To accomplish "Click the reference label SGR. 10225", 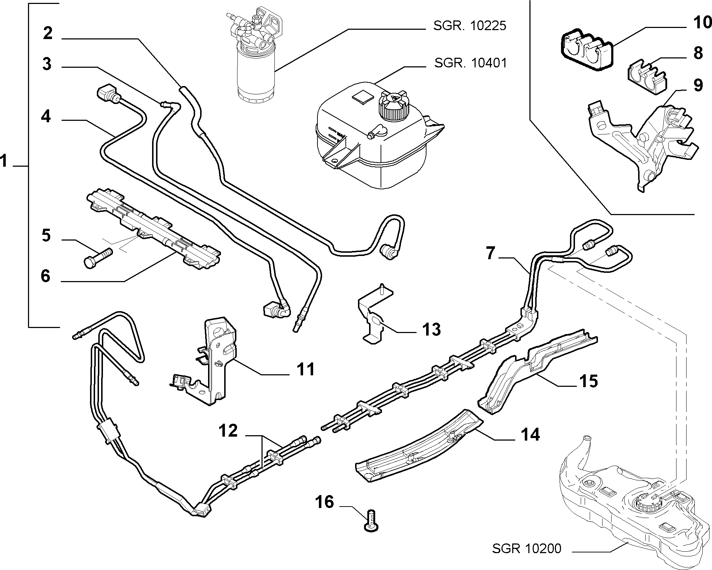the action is (470, 26).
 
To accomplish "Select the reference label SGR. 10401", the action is (471, 63).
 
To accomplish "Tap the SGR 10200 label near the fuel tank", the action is (527, 548).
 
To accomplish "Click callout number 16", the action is (325, 502).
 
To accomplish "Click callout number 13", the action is (431, 329).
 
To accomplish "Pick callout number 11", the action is (306, 370).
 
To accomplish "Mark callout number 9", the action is (698, 86).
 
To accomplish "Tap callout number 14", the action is (530, 435).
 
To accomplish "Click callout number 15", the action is (589, 381).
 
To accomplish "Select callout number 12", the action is (228, 431).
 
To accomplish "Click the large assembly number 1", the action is (4, 161).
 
